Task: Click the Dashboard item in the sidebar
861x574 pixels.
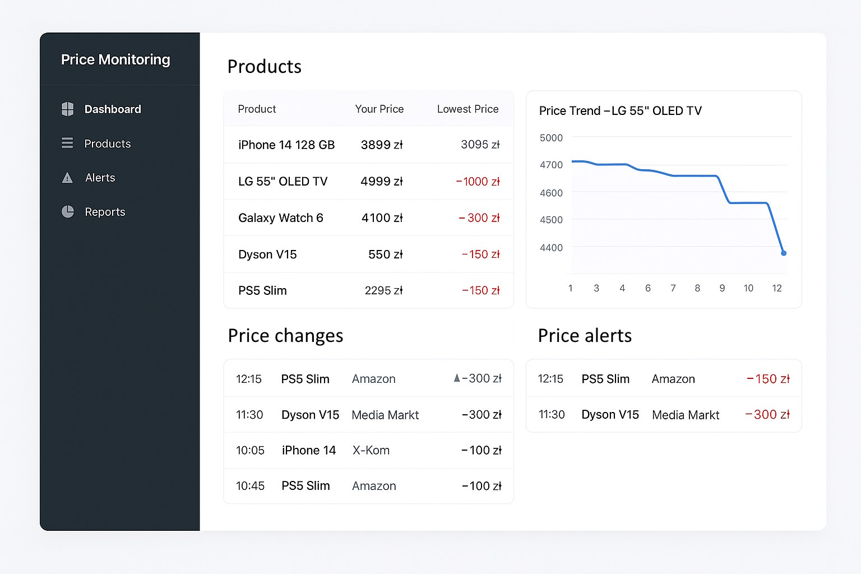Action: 112,109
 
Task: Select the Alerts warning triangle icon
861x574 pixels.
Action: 67,178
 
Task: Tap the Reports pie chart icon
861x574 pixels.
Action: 68,211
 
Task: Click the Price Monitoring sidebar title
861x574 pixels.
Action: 115,59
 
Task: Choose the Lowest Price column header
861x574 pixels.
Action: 467,109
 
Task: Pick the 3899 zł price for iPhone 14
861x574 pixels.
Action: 382,145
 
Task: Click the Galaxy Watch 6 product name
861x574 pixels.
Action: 281,218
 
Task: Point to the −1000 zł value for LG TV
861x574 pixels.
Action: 478,182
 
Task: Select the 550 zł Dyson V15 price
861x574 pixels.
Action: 385,254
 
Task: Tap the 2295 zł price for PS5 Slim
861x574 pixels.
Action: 383,290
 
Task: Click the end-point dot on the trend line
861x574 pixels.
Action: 784,253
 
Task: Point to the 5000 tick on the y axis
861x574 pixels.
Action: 551,138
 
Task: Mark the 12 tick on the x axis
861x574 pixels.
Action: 776,288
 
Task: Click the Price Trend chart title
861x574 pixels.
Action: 620,111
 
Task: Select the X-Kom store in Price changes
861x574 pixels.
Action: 371,450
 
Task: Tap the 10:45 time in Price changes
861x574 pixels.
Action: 250,486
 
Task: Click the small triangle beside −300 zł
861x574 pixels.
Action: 457,378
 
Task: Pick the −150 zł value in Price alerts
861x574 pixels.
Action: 768,379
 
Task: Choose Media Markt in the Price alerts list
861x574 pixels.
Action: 686,415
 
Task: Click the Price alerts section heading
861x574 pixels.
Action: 585,336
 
